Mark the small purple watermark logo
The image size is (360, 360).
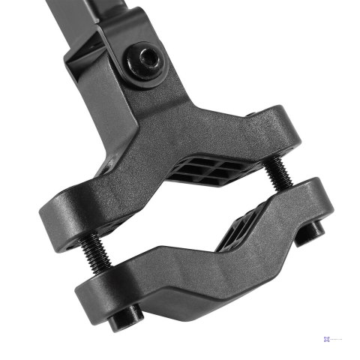[x=327, y=340]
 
